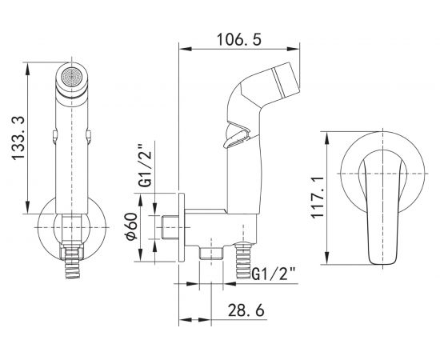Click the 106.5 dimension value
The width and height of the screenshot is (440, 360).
tap(239, 39)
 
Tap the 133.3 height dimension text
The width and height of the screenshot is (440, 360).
tap(19, 138)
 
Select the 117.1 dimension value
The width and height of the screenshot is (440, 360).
tap(317, 198)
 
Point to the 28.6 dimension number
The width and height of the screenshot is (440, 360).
tap(246, 310)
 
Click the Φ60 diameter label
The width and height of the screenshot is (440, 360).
tap(132, 226)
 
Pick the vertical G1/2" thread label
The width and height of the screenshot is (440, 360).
tap(146, 166)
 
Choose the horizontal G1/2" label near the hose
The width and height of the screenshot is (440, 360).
tap(274, 274)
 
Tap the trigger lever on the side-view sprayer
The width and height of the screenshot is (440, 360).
tap(237, 135)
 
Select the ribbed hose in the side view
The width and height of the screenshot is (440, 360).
tap(243, 260)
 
